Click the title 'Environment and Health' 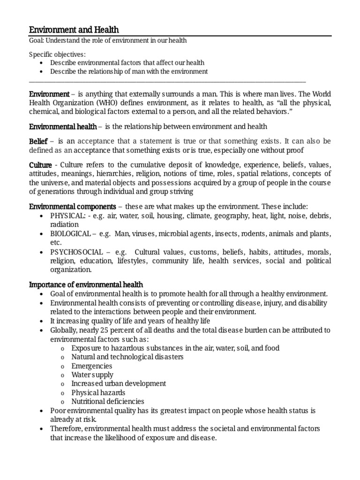click(x=74, y=30)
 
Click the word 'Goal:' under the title click(x=37, y=41)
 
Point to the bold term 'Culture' click(x=40, y=165)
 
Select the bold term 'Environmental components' click(x=72, y=206)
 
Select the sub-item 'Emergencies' click(x=92, y=366)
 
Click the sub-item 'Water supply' click(x=92, y=375)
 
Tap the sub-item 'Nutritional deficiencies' click(x=108, y=402)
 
